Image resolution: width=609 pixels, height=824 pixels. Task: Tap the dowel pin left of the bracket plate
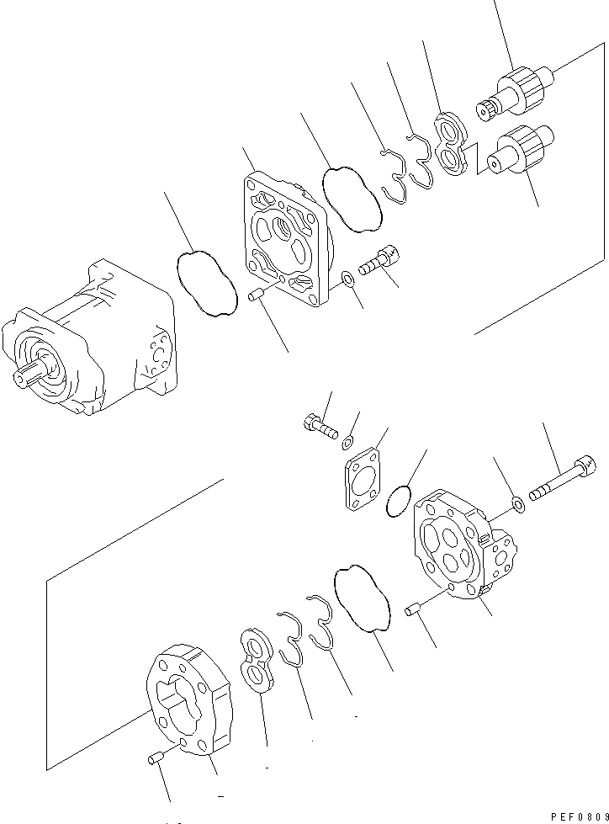258,294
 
